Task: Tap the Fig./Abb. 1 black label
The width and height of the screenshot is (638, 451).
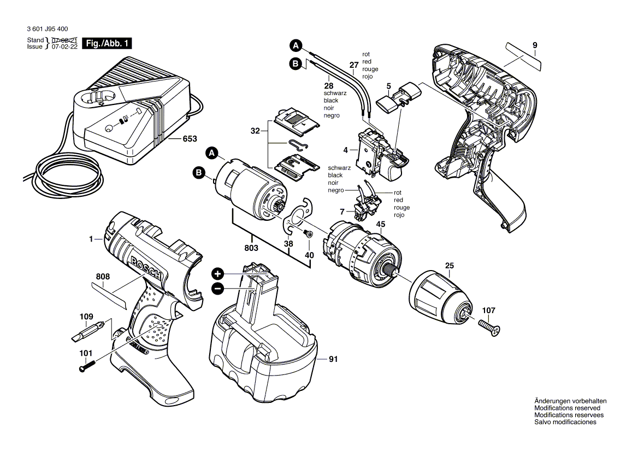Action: point(107,43)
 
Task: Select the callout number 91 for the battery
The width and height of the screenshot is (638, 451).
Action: point(333,359)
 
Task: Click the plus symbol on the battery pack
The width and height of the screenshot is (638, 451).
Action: point(217,273)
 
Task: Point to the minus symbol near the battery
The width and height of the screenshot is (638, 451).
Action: point(217,289)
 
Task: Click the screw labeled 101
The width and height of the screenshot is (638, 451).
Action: point(87,366)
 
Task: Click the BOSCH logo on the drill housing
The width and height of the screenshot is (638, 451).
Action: point(146,268)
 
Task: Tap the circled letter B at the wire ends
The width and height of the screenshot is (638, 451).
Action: point(295,64)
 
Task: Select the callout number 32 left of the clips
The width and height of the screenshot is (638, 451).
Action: point(256,131)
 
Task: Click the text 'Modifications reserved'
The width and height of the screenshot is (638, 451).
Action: point(567,408)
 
